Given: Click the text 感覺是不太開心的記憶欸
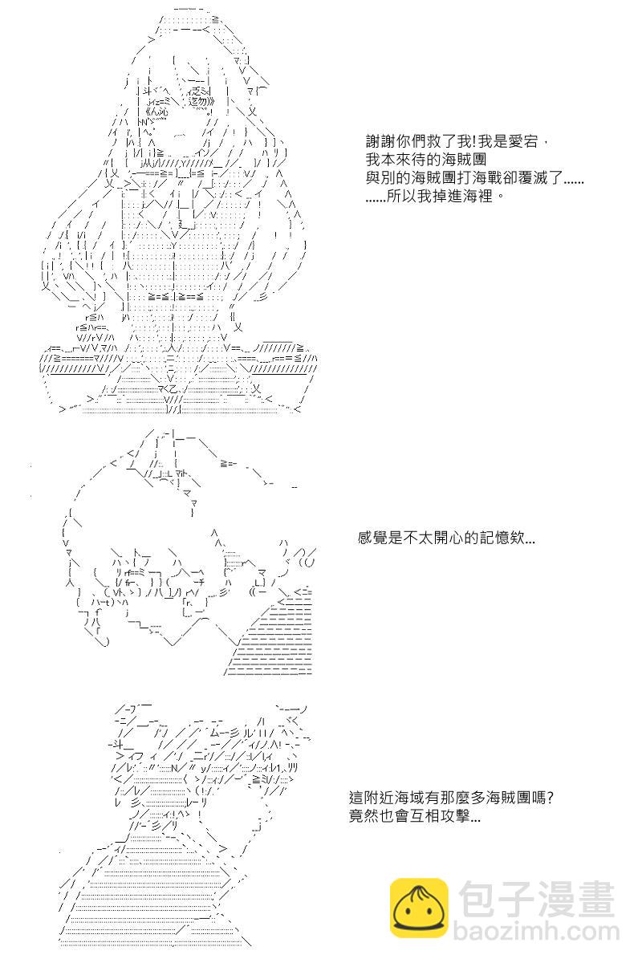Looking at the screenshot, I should coord(446,538).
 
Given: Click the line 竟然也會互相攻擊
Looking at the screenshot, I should coord(416,818).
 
